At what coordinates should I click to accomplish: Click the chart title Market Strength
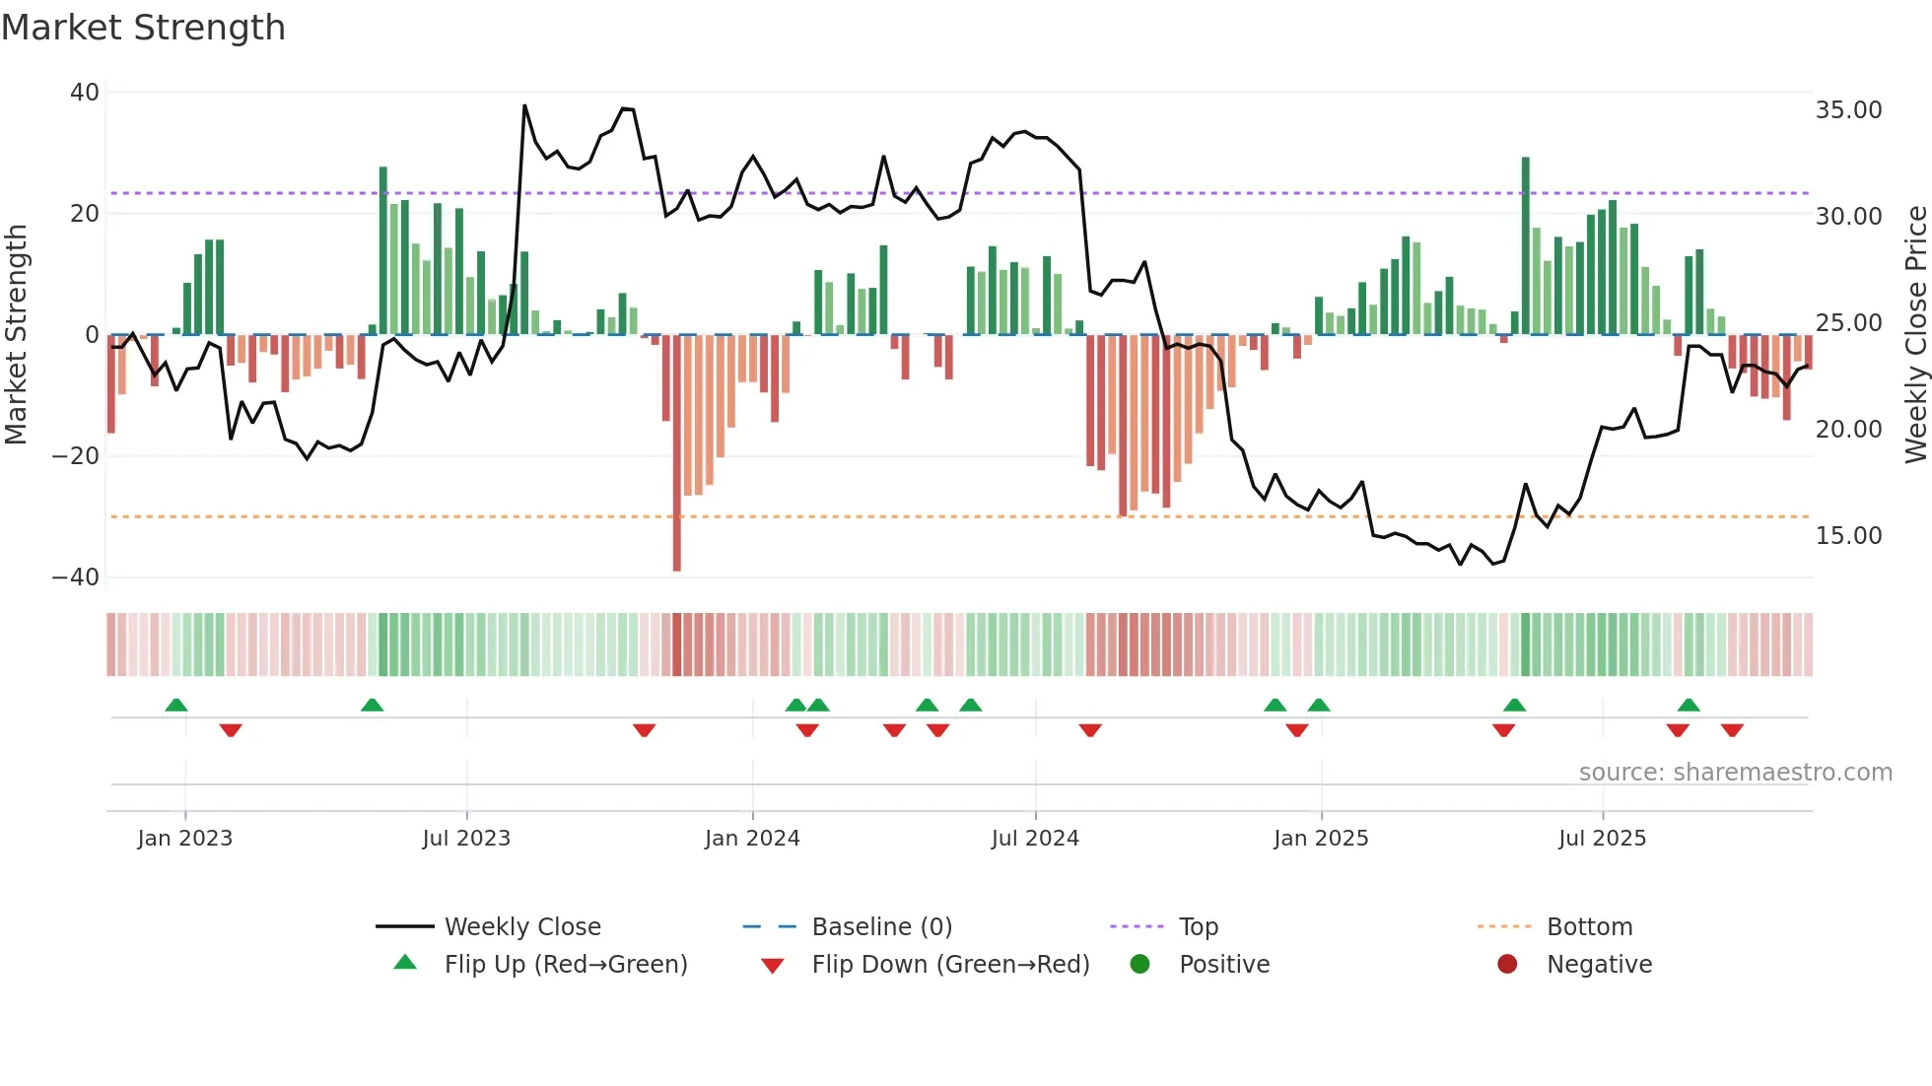(x=143, y=28)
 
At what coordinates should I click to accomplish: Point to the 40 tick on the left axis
(x=84, y=93)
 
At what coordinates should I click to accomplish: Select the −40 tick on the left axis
(x=76, y=577)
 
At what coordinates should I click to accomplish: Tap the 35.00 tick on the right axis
(x=1848, y=110)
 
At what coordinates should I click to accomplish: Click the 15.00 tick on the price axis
(x=1848, y=536)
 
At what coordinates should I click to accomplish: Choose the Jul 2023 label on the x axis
(x=466, y=839)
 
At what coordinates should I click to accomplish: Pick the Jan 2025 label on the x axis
(x=1321, y=839)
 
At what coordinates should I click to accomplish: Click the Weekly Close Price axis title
(x=1915, y=335)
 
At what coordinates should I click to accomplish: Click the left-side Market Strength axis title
(x=16, y=335)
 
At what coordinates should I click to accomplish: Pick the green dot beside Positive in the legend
(x=1140, y=965)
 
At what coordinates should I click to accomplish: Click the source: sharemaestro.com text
(x=1735, y=773)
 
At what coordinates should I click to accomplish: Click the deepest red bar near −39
(x=677, y=453)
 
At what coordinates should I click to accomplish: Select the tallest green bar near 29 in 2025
(x=1526, y=246)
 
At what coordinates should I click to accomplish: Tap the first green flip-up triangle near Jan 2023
(x=176, y=706)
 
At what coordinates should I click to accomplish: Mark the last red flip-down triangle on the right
(x=1732, y=730)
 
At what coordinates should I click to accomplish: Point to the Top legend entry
(x=1198, y=927)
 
